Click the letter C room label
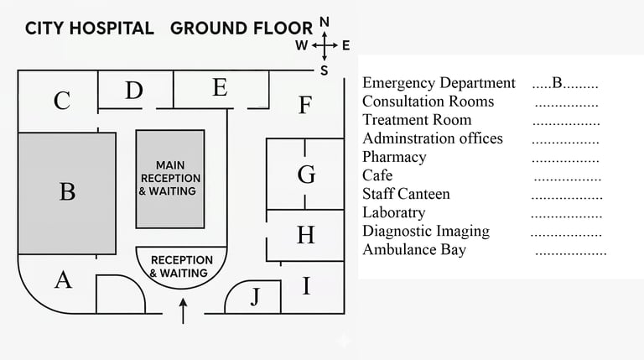pyautogui.click(x=61, y=102)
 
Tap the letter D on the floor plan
pyautogui.click(x=134, y=91)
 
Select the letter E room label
pyautogui.click(x=220, y=87)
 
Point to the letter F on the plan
pyautogui.click(x=305, y=106)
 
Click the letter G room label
pyautogui.click(x=307, y=175)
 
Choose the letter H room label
pyautogui.click(x=306, y=235)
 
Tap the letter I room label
pyautogui.click(x=306, y=287)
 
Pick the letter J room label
pyautogui.click(x=255, y=297)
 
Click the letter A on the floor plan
pyautogui.click(x=63, y=279)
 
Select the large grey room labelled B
pyautogui.click(x=67, y=192)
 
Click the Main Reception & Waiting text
pyautogui.click(x=170, y=178)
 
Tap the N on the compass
pyautogui.click(x=325, y=22)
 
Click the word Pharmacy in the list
pyautogui.click(x=394, y=157)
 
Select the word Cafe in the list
pyautogui.click(x=377, y=175)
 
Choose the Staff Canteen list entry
pyautogui.click(x=406, y=194)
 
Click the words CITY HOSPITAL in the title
pyautogui.click(x=90, y=28)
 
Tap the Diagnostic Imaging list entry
pyautogui.click(x=426, y=231)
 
